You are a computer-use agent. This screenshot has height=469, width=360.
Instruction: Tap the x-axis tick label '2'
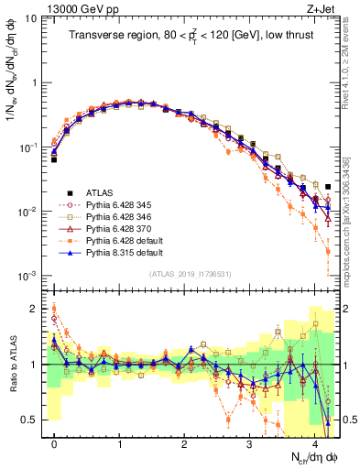pyautogui.click(x=184, y=441)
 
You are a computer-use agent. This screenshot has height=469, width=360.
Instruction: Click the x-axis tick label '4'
pyautogui.click(x=314, y=441)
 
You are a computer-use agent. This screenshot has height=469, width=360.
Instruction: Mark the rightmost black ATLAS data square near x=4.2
pyautogui.click(x=328, y=187)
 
